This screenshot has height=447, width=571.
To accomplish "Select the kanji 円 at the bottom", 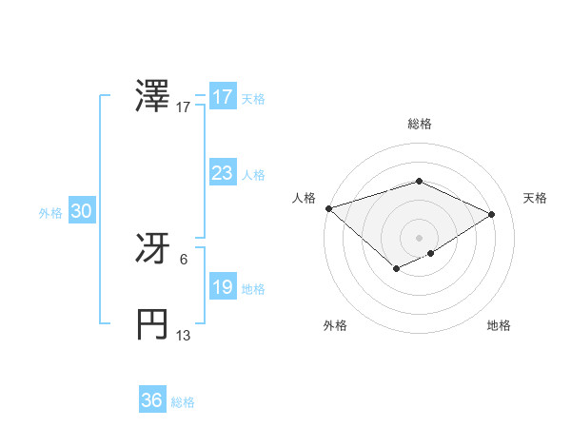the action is click(153, 323).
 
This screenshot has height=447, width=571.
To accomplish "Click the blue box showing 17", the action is click(222, 97).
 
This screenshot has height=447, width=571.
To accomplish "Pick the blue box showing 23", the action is click(222, 173).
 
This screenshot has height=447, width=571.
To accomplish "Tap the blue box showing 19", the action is click(222, 288).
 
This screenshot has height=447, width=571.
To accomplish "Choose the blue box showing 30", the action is click(81, 212).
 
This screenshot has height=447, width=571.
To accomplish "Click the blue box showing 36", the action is click(151, 400).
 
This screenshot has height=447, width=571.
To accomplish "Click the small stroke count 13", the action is click(184, 336).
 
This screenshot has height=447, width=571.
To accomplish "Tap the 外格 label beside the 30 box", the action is click(50, 214).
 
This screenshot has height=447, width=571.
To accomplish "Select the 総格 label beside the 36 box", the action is click(183, 402).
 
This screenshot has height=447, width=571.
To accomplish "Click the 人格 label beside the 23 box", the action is click(253, 175).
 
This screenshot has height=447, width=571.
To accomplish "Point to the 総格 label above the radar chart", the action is click(419, 125).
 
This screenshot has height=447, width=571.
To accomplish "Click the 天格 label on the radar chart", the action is click(535, 198).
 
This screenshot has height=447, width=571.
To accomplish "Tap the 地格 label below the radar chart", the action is click(499, 325).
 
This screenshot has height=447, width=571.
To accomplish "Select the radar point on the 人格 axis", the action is click(328, 208).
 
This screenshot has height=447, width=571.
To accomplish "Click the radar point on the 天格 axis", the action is click(491, 214).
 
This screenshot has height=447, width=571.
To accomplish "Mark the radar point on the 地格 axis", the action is click(431, 253).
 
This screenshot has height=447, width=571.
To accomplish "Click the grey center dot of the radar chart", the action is click(419, 237).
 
